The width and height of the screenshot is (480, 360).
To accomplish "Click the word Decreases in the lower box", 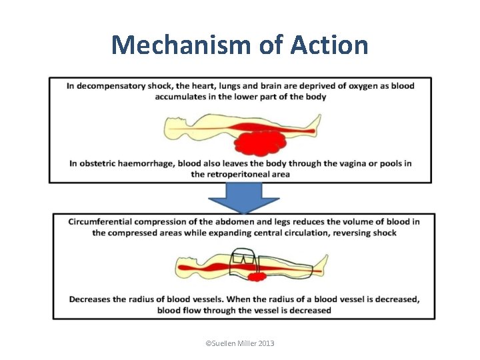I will tap(91, 299).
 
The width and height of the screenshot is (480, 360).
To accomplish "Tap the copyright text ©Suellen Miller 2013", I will tap(240, 343).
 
